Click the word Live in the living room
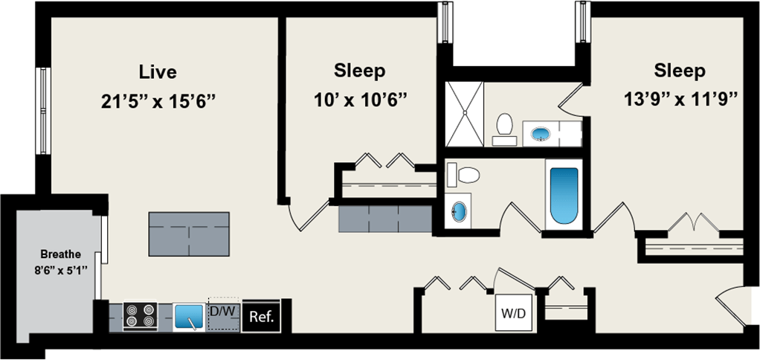tap(158, 72)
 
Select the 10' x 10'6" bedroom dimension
tap(360, 99)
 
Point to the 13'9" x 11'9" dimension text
tap(680, 99)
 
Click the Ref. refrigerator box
tap(261, 317)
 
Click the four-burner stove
tap(140, 316)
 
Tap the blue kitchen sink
tap(189, 317)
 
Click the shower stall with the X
tap(463, 114)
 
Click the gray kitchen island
tap(189, 233)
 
